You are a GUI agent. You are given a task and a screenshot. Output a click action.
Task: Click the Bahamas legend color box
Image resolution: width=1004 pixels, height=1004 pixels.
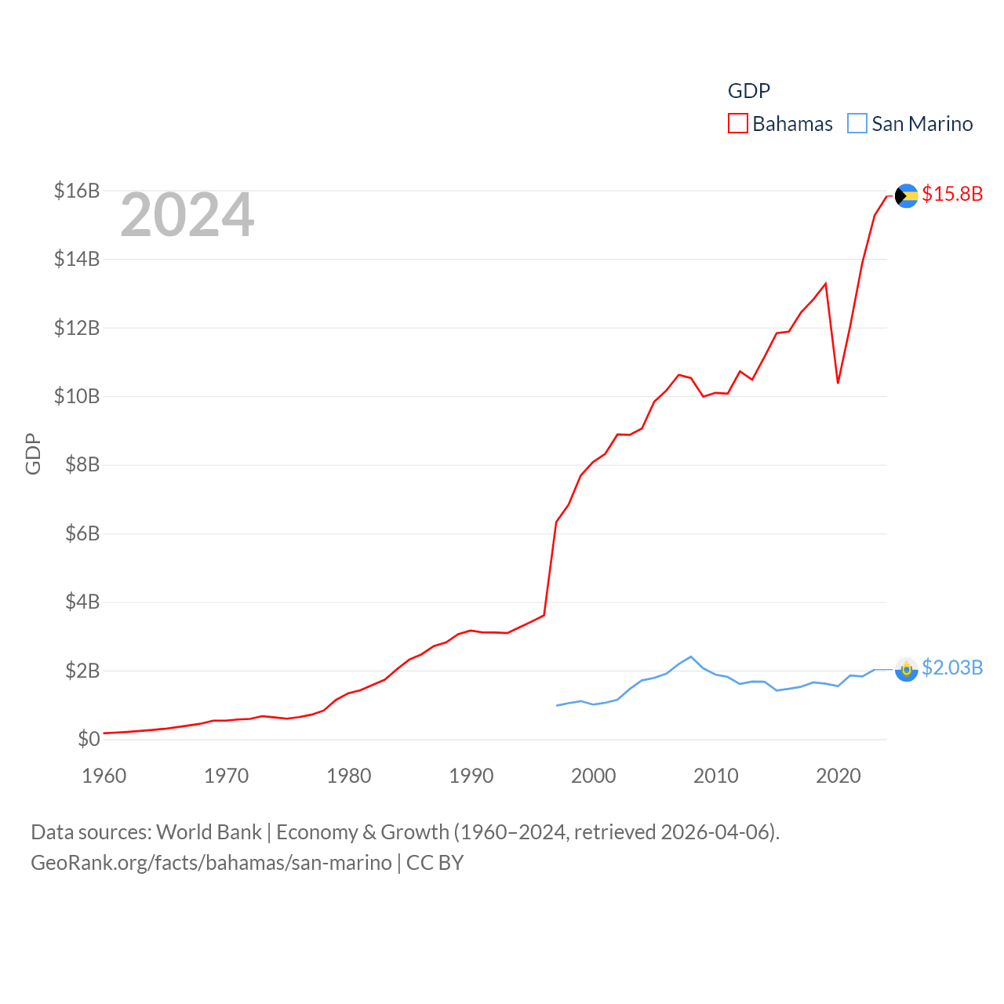coord(738,124)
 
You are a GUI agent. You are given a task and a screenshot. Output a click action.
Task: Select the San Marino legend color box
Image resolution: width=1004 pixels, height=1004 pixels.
coord(857,124)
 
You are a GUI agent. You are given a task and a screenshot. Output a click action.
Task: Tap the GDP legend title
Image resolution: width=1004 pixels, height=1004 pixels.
coord(748,91)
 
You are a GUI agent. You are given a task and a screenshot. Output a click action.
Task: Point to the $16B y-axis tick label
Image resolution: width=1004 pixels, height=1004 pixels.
coord(77,191)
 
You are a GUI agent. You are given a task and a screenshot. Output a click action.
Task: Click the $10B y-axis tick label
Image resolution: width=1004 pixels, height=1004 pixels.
coord(77,396)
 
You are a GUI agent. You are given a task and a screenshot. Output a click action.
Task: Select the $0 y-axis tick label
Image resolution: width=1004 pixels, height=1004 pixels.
coord(89,739)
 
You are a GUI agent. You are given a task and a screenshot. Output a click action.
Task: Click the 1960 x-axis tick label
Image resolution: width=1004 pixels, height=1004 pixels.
coord(104,776)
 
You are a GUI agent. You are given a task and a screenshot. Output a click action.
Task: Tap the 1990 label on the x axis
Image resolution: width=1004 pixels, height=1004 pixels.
coord(471,776)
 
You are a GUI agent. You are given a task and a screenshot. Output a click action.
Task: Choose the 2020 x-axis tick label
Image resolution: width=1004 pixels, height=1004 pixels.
coord(838,776)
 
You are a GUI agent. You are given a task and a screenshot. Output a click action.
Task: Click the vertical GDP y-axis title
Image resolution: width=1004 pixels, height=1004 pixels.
coord(33,453)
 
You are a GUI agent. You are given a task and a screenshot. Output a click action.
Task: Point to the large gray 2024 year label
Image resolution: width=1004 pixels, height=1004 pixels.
coord(187,215)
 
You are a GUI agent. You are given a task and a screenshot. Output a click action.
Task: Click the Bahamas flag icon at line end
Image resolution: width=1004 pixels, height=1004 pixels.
coord(906,195)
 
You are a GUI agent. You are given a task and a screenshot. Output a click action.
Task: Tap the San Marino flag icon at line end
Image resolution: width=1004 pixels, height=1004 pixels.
coord(906,669)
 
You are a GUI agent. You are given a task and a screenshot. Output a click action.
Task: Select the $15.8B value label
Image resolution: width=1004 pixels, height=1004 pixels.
coord(952,194)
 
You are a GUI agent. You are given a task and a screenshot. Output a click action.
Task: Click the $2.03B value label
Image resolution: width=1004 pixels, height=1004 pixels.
coord(952,668)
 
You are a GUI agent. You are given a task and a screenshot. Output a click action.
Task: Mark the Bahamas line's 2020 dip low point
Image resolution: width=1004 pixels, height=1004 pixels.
coord(838,383)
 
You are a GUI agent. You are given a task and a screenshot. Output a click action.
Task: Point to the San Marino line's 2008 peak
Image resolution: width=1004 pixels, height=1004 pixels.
coord(691,657)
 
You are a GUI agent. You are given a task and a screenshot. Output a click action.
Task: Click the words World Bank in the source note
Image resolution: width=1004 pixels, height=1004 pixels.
coord(209,832)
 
